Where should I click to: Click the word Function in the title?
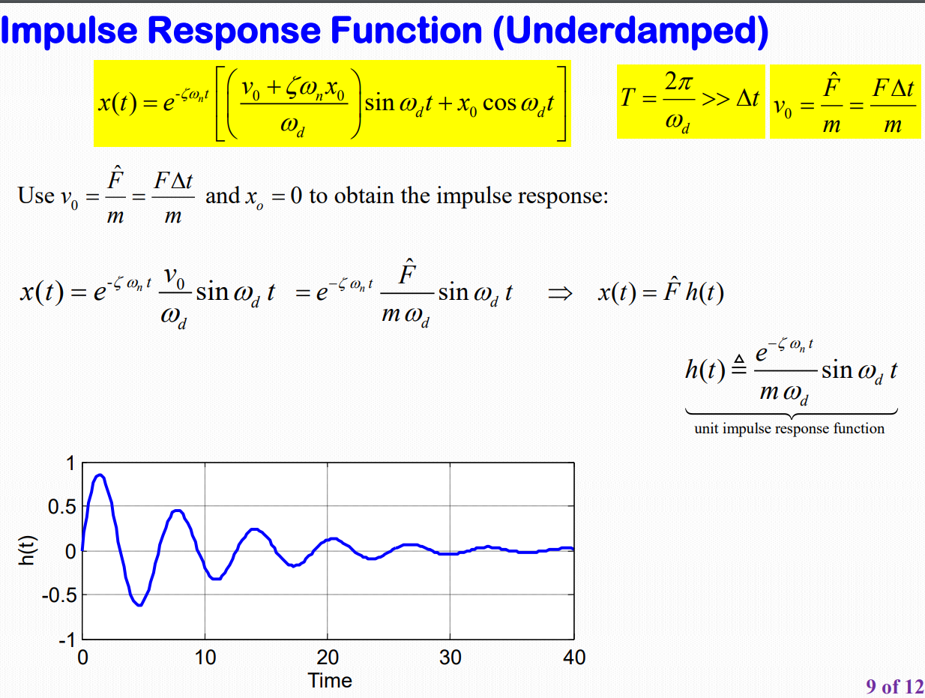406,30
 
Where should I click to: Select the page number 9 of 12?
895,686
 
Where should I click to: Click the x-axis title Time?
330,680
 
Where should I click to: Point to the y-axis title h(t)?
27,550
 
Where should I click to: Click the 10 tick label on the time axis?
205,657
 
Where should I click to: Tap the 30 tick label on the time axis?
450,657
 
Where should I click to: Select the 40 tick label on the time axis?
574,657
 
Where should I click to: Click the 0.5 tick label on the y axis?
62,507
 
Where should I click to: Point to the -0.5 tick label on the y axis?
59,595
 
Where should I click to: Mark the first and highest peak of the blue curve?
100,475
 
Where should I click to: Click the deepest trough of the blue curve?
139,605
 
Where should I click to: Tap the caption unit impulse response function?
789,429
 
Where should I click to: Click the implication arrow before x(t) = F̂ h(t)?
560,293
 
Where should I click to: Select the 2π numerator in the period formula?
679,82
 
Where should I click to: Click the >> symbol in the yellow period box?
716,100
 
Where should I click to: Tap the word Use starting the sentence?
36,196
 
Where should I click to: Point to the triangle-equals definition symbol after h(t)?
739,364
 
